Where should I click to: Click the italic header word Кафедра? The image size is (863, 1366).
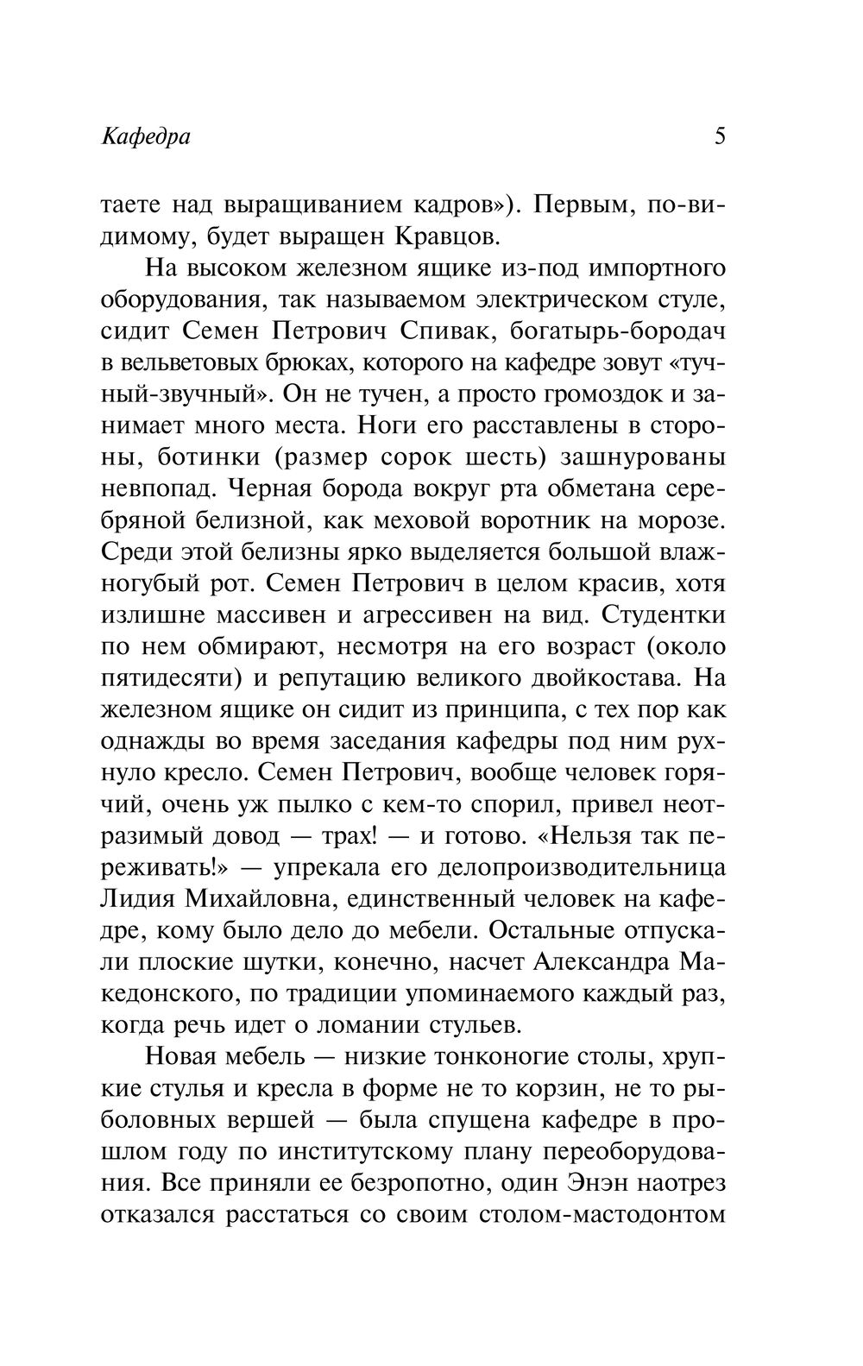click(146, 136)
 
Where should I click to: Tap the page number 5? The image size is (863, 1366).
click(720, 136)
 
